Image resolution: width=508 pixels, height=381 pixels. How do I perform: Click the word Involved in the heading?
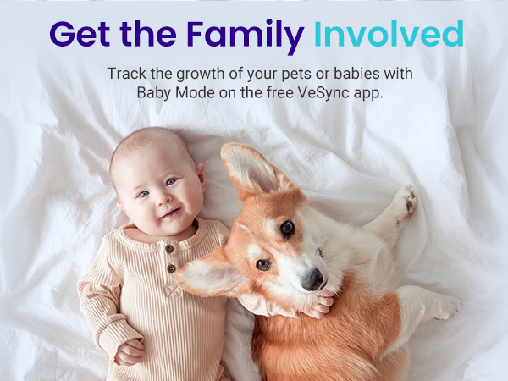(389, 34)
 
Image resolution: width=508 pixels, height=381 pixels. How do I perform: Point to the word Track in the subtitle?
(125, 74)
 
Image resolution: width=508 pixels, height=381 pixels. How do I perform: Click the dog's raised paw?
(406, 203)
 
